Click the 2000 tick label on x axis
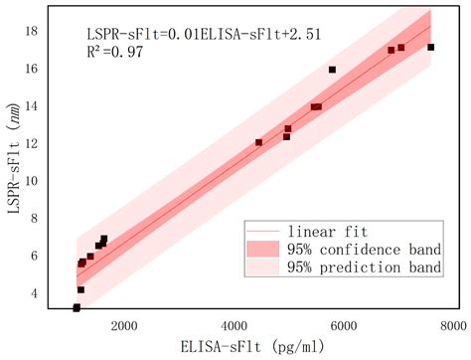(x=123, y=325)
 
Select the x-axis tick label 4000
(x=234, y=325)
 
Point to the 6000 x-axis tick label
(x=343, y=325)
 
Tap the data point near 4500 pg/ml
(x=259, y=142)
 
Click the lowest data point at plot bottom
(x=77, y=307)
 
